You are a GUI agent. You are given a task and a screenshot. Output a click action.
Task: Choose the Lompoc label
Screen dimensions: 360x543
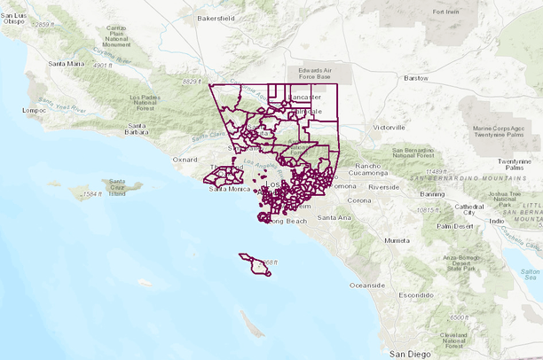[35, 110]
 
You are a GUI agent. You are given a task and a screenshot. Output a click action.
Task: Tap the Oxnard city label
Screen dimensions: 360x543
[185, 160]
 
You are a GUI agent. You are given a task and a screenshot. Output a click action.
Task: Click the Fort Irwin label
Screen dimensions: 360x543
[450, 12]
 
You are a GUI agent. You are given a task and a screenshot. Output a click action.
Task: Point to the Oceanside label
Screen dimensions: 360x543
[368, 286]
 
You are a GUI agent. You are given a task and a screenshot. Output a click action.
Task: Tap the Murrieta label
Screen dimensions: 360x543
[397, 240]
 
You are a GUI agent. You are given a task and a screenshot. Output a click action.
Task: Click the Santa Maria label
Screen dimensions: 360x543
[67, 64]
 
